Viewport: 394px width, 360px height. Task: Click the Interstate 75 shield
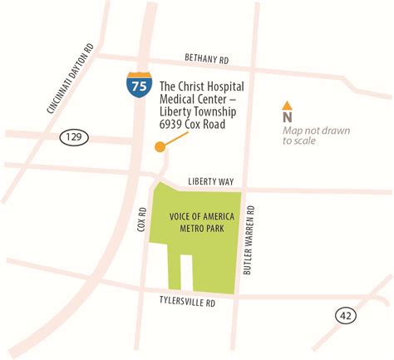click(139, 85)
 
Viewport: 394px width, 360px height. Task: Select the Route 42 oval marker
click(347, 315)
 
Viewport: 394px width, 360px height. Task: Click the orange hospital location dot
click(160, 147)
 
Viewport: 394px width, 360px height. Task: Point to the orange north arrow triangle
click(287, 106)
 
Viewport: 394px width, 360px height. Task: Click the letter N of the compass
click(287, 117)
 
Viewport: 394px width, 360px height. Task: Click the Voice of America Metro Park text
click(202, 224)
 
